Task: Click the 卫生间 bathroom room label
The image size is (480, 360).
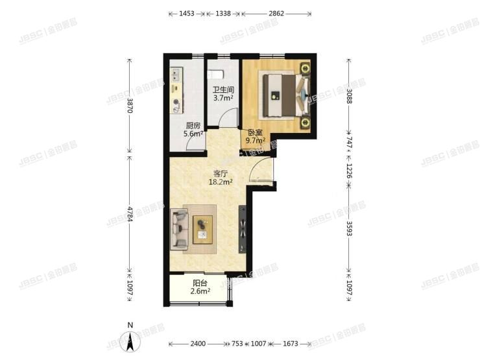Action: coord(223,90)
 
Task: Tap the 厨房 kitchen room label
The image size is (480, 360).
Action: coord(193,126)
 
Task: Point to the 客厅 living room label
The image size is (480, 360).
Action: coord(221,174)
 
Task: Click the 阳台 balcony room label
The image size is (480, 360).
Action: coord(200,283)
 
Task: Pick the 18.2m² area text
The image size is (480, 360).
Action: coord(221,182)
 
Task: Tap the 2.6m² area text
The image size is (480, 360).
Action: coord(200,291)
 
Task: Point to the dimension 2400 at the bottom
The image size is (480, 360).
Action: coord(198,343)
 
